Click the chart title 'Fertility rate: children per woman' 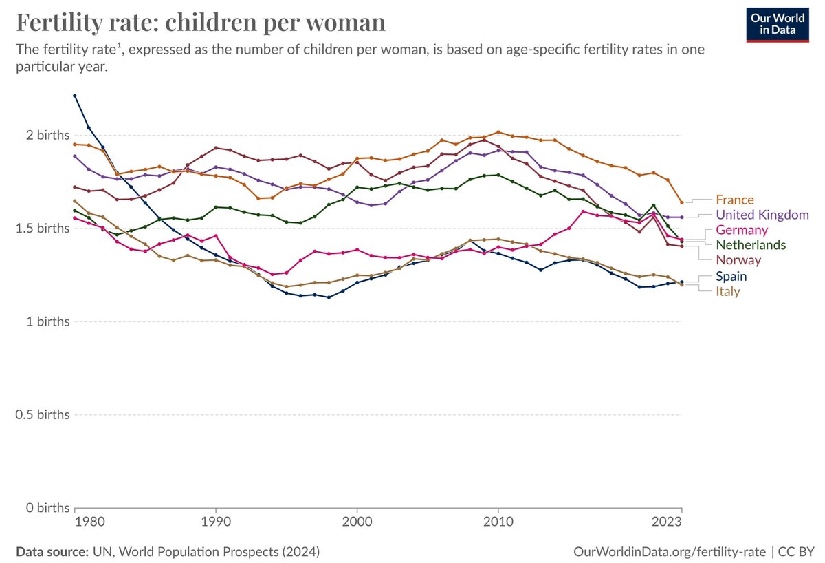tap(200, 23)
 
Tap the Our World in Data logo tap(778, 25)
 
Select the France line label tap(735, 200)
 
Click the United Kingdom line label tap(762, 215)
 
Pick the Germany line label tap(741, 230)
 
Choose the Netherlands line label tap(751, 245)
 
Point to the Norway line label tap(738, 260)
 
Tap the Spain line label tap(731, 276)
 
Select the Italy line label tap(728, 291)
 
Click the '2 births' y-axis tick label tap(44, 135)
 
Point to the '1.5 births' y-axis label tap(39, 229)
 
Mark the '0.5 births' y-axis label tap(39, 415)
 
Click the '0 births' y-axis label tap(44, 508)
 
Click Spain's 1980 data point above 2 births tap(74, 96)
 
